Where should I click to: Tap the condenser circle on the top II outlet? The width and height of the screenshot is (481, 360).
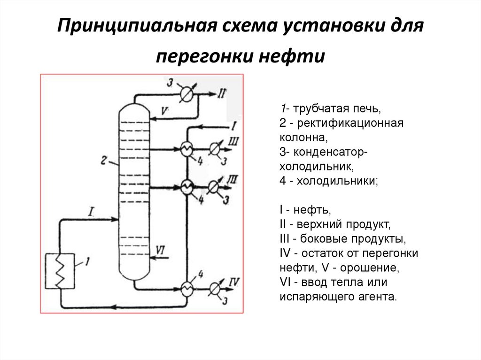coord(188,94)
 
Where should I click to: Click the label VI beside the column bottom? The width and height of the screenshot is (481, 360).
coord(160,250)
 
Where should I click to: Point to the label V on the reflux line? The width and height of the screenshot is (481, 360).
coord(164,111)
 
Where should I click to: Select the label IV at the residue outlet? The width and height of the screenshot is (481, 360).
coord(233,282)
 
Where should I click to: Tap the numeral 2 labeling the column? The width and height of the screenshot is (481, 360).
coord(104,160)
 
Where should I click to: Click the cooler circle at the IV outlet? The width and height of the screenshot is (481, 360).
coord(215,287)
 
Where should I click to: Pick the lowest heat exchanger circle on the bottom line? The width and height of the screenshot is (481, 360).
coord(187,287)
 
